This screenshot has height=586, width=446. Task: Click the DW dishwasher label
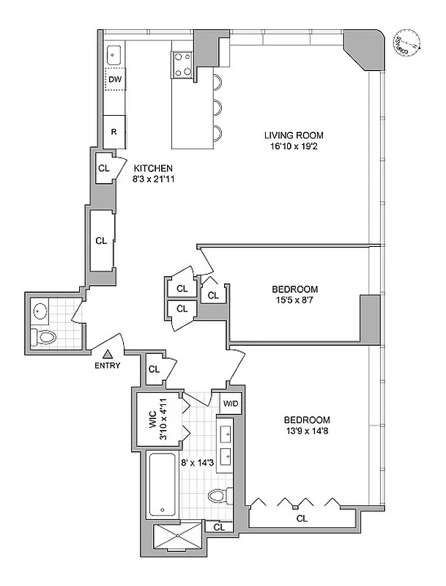pyautogui.click(x=115, y=80)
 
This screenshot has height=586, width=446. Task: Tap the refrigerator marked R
pyautogui.click(x=114, y=132)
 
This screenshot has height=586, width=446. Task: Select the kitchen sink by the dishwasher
pyautogui.click(x=115, y=53)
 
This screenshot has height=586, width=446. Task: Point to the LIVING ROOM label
pyautogui.click(x=293, y=136)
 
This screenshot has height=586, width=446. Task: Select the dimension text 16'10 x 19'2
pyautogui.click(x=293, y=146)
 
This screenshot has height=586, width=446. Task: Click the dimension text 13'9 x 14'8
pyautogui.click(x=307, y=431)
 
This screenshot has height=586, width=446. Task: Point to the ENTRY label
pyautogui.click(x=107, y=366)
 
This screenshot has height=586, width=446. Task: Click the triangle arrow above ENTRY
pyautogui.click(x=107, y=354)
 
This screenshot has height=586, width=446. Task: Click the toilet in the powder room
pyautogui.click(x=45, y=337)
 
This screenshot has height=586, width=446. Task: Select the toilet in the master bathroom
pyautogui.click(x=217, y=496)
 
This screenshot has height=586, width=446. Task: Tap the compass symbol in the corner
pyautogui.click(x=406, y=42)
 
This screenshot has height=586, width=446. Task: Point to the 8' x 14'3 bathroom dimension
pyautogui.click(x=198, y=462)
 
